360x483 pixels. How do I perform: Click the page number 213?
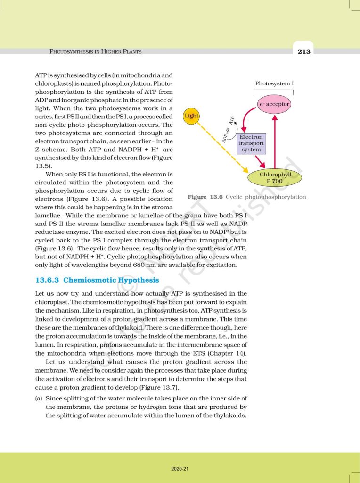304,51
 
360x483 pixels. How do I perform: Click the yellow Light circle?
192,116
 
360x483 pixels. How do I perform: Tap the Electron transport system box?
251,143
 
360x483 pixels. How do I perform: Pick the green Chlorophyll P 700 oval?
275,177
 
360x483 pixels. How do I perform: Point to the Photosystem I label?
274,83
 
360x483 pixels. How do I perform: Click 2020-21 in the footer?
180,469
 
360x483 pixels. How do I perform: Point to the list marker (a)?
39,399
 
